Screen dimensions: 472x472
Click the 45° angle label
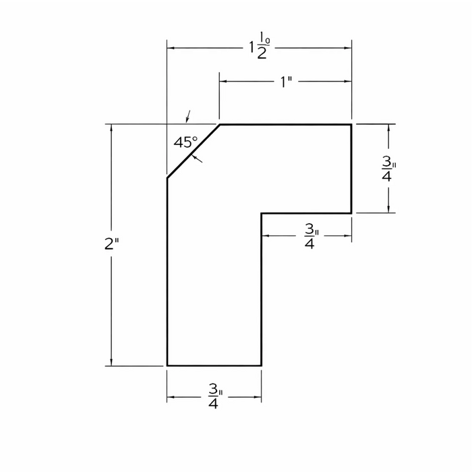[x=186, y=142]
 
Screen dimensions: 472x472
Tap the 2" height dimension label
[x=112, y=243]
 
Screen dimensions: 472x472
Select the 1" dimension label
[x=287, y=82]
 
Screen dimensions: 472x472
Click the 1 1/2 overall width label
[x=259, y=45]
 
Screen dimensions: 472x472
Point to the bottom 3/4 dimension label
[x=215, y=396]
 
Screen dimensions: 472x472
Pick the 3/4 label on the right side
[x=388, y=170]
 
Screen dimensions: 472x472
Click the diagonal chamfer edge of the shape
[x=194, y=151]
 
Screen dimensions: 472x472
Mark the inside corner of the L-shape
[x=262, y=214]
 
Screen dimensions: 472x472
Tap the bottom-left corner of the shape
[x=167, y=365]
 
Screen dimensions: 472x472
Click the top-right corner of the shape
[x=351, y=124]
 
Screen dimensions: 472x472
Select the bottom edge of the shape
[x=214, y=365]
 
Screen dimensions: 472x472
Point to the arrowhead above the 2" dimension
[x=111, y=127]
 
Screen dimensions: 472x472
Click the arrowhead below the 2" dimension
[x=111, y=362]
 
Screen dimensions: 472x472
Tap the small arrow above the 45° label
[x=188, y=117]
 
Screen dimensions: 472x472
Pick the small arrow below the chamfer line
[x=197, y=158]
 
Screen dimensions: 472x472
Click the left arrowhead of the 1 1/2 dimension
[x=171, y=48]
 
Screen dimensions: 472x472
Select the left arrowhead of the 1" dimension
[x=223, y=82]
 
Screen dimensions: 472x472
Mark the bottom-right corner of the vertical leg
[x=262, y=365]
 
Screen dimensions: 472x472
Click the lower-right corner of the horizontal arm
[x=351, y=214]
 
